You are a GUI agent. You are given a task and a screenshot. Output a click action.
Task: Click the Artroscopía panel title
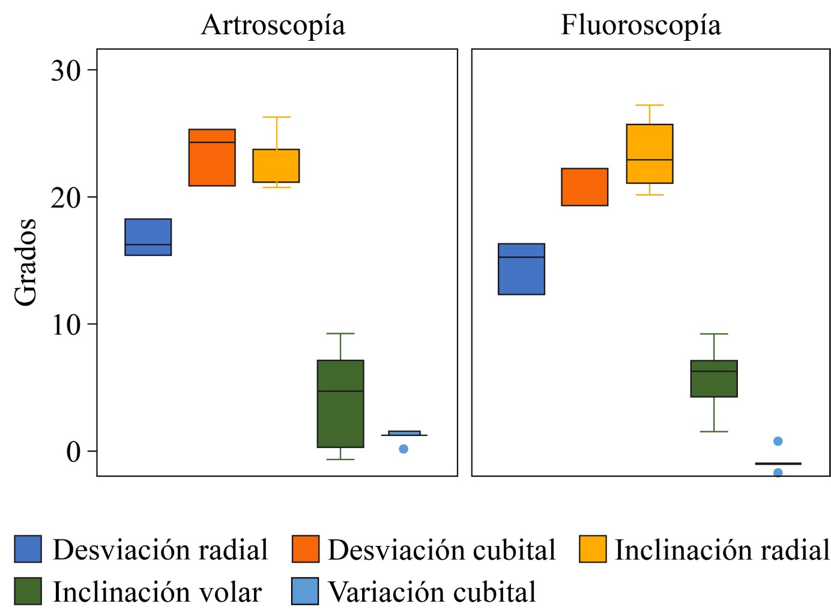click(x=273, y=26)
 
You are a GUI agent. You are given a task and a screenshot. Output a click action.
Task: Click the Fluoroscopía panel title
click(x=641, y=26)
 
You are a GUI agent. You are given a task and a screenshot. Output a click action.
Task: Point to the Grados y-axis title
click(x=25, y=262)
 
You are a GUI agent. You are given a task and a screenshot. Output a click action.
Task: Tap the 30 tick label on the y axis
click(x=65, y=71)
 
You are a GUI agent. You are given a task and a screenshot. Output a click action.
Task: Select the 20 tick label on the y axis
click(x=65, y=198)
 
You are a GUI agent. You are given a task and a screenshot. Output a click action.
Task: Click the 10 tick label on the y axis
click(x=65, y=325)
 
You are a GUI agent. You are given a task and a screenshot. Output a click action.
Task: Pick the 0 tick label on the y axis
click(x=73, y=452)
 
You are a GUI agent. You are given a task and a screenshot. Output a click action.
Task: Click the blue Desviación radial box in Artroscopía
click(x=148, y=237)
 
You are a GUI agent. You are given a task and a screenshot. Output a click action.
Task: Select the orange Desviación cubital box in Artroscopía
click(x=212, y=157)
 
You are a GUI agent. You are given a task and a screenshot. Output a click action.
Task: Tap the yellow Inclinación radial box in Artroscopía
click(x=276, y=166)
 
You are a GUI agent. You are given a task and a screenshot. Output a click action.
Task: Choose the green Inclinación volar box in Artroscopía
click(x=340, y=404)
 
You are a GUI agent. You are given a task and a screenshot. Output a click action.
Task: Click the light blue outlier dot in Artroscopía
click(x=403, y=449)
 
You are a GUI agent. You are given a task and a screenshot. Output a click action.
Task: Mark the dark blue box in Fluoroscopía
click(x=522, y=269)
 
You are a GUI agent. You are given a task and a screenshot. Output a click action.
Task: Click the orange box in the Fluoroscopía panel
click(x=585, y=187)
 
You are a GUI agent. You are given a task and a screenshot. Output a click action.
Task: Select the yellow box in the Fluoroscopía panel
click(x=650, y=154)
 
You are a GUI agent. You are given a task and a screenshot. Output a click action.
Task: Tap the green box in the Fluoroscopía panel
click(x=714, y=378)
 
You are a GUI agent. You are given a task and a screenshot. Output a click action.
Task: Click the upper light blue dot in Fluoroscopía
click(x=778, y=441)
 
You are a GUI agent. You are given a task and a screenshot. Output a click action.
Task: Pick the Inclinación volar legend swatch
click(x=28, y=591)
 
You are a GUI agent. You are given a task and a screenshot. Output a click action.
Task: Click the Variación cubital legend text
click(x=432, y=592)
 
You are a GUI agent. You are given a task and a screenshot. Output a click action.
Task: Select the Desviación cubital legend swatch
click(x=306, y=549)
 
